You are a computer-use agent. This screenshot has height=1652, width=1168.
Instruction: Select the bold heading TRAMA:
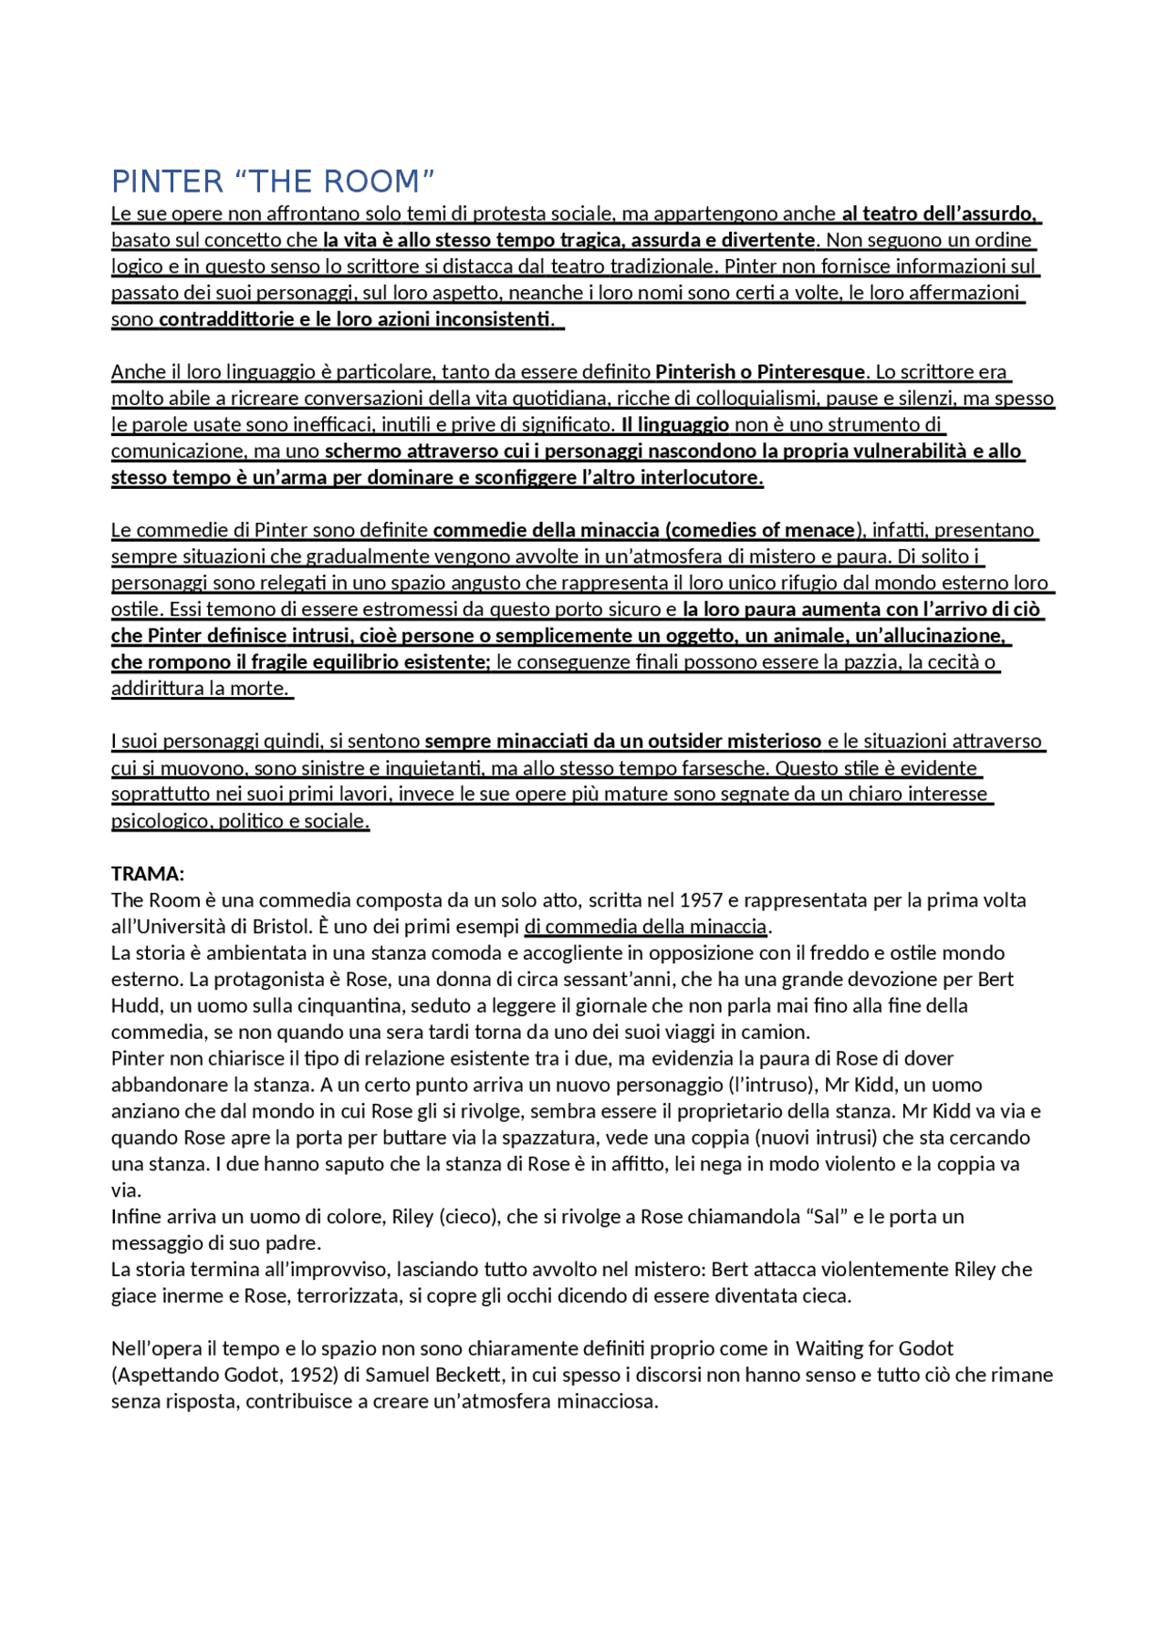point(148,874)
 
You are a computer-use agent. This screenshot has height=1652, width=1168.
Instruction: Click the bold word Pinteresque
point(811,372)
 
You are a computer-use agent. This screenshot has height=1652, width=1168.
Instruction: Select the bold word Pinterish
point(695,372)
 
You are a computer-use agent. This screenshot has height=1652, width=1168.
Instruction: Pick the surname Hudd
point(134,1006)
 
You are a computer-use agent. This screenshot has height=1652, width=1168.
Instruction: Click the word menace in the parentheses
point(823,531)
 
